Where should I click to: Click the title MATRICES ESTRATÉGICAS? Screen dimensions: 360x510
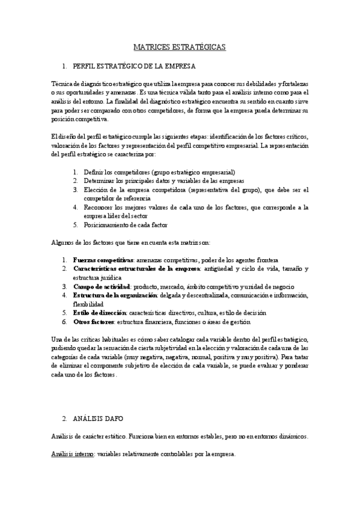180,46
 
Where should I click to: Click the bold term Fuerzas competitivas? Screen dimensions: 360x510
103,259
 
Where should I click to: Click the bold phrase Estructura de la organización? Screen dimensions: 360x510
115,295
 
